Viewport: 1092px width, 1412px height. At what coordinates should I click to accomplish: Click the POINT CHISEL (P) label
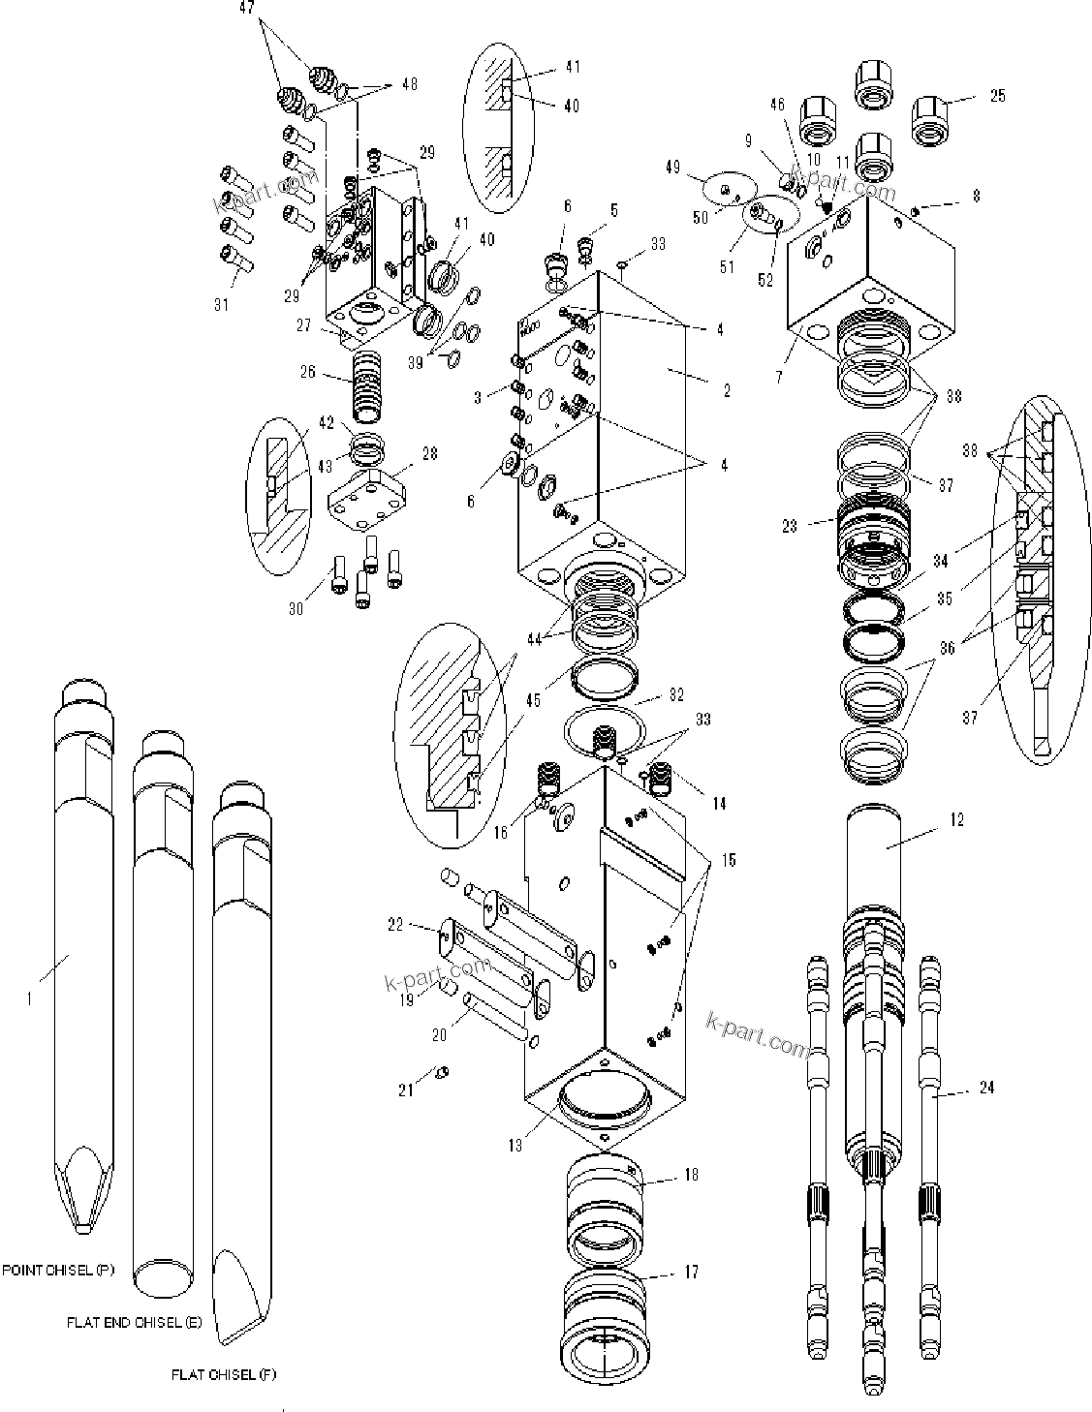[57, 1270]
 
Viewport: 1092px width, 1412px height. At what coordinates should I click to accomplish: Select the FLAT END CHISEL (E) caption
[134, 1322]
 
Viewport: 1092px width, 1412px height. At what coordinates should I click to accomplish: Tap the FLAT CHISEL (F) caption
[223, 1374]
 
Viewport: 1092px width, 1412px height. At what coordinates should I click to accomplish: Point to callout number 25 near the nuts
[997, 95]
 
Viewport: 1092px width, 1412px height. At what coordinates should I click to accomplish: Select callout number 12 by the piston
[956, 819]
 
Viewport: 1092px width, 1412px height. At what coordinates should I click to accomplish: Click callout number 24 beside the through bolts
[986, 1088]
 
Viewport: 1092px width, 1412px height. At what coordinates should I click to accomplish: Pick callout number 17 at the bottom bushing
[690, 1272]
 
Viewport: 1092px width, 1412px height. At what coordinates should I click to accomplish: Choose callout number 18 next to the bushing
[690, 1174]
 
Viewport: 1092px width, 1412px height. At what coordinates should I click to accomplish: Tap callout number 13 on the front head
[515, 1145]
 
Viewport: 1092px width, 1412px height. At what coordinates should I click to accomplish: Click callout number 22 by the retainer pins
[394, 925]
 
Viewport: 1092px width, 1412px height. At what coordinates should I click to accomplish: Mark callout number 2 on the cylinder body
[726, 390]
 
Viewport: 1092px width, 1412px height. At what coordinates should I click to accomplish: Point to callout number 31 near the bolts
[223, 304]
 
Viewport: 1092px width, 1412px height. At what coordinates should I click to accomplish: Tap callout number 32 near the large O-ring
[676, 694]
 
